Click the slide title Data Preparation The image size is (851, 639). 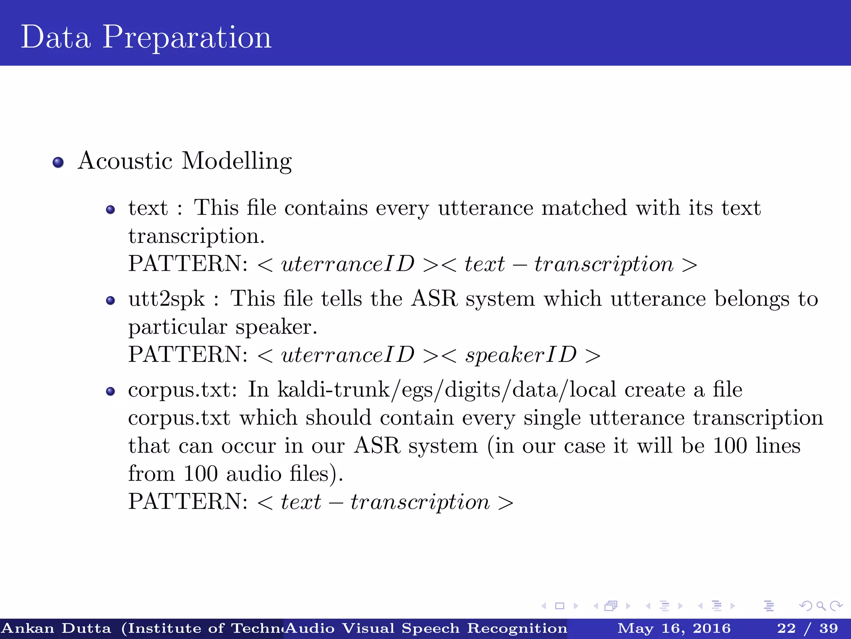tap(146, 37)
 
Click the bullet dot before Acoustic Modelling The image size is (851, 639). tap(58, 162)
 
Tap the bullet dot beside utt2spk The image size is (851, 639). tap(110, 300)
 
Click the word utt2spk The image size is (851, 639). tap(167, 300)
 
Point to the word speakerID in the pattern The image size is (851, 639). tap(521, 355)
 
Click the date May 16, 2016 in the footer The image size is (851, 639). tap(674, 628)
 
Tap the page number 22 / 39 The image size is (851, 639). tap(807, 628)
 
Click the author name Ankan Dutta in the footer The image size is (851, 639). tap(57, 628)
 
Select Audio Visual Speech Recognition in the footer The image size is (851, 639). tap(426, 628)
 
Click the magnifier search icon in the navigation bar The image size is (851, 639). tap(821, 606)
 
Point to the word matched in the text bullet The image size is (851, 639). tap(584, 208)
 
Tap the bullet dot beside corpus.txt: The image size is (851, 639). tap(110, 391)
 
